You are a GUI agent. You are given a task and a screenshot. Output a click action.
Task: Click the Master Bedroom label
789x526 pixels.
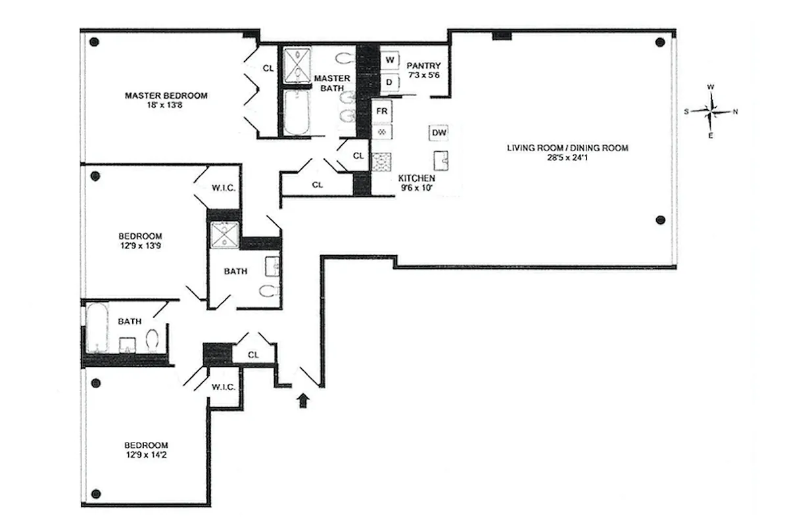(x=166, y=95)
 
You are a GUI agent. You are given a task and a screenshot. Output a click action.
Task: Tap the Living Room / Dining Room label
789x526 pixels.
(x=567, y=148)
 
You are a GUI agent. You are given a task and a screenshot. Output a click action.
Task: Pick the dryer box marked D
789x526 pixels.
(x=390, y=82)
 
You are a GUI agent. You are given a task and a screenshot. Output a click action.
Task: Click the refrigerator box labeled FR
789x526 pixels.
(x=381, y=110)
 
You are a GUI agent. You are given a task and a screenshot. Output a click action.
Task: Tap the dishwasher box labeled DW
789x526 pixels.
(x=439, y=133)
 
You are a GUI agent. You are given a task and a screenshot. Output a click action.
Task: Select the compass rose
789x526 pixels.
(x=711, y=111)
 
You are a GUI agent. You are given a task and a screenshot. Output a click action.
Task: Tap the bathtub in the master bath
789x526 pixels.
(x=298, y=113)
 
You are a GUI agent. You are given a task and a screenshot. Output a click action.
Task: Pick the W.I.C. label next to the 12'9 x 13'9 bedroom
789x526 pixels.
(x=224, y=187)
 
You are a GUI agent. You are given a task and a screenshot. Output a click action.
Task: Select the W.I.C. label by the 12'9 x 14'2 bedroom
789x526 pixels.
(x=224, y=387)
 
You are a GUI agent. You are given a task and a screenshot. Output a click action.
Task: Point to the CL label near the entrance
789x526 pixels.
(x=254, y=355)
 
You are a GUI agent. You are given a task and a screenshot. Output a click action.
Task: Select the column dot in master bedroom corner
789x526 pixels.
(x=94, y=42)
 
